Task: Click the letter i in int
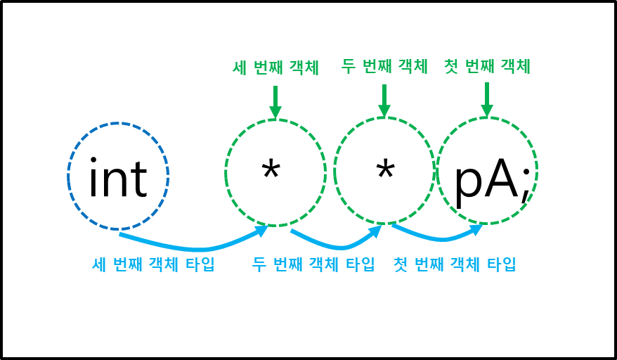pyautogui.click(x=93, y=179)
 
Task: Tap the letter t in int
pyautogui.click(x=138, y=181)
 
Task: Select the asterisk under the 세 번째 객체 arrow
pyautogui.click(x=271, y=171)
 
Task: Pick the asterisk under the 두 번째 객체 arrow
pyautogui.click(x=384, y=171)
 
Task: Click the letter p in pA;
pyautogui.click(x=468, y=184)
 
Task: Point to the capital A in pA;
pyautogui.click(x=500, y=179)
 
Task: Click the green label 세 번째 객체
pyautogui.click(x=275, y=67)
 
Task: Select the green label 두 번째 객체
pyautogui.click(x=384, y=67)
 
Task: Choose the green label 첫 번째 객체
pyautogui.click(x=486, y=67)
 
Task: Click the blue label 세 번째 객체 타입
pyautogui.click(x=153, y=265)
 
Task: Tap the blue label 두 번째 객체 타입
pyautogui.click(x=313, y=265)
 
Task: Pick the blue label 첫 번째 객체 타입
pyautogui.click(x=455, y=265)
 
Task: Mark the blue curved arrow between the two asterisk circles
pyautogui.click(x=337, y=244)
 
